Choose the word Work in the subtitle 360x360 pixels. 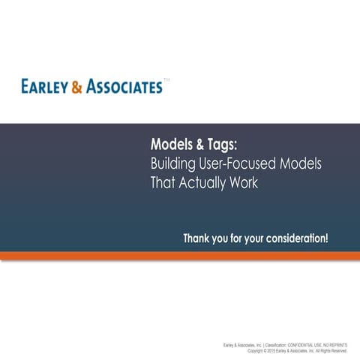click(243, 183)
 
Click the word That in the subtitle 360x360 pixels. click(163, 183)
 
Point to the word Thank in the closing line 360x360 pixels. click(198, 238)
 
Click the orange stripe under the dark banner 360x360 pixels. click(180, 256)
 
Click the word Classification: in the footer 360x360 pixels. click(276, 345)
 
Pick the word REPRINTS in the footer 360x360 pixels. click(338, 345)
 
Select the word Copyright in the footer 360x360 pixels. click(255, 350)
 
